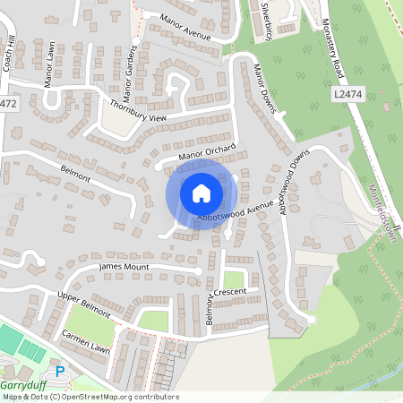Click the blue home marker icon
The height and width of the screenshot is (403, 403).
201,193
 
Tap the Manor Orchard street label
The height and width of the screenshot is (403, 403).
207,153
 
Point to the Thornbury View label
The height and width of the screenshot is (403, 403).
139,111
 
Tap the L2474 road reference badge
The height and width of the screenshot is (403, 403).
347,93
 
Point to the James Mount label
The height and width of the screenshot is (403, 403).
123,266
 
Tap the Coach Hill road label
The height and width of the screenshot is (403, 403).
11,59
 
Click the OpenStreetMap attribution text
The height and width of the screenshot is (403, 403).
78,396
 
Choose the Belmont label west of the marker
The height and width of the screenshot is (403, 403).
75,172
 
